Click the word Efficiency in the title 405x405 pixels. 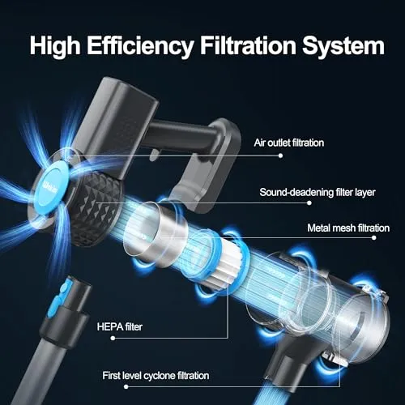click(x=139, y=46)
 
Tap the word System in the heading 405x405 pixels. click(x=343, y=46)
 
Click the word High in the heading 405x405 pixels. click(x=55, y=46)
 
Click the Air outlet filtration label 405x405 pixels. click(x=288, y=143)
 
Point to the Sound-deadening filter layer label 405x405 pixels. click(x=318, y=192)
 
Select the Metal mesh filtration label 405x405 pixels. click(x=348, y=228)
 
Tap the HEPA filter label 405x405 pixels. click(x=119, y=326)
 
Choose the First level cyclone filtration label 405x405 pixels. click(x=156, y=376)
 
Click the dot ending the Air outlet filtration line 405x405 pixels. click(x=280, y=156)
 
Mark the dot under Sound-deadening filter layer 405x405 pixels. click(x=309, y=202)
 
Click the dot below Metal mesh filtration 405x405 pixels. click(x=373, y=237)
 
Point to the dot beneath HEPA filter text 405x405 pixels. click(x=113, y=338)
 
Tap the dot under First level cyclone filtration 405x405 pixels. click(x=126, y=386)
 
